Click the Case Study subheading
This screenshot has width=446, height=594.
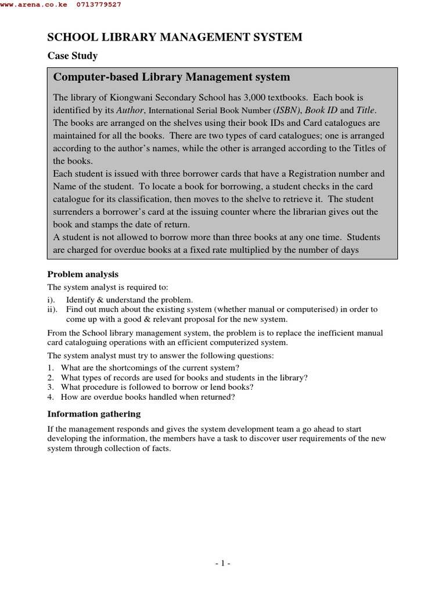click(72, 56)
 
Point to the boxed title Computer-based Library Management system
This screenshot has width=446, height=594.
click(171, 77)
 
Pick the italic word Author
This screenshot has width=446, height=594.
click(130, 110)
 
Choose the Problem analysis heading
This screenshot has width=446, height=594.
click(82, 274)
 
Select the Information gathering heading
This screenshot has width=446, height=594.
click(93, 414)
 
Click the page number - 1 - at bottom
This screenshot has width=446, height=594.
click(222, 563)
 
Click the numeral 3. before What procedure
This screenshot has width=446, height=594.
click(51, 387)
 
